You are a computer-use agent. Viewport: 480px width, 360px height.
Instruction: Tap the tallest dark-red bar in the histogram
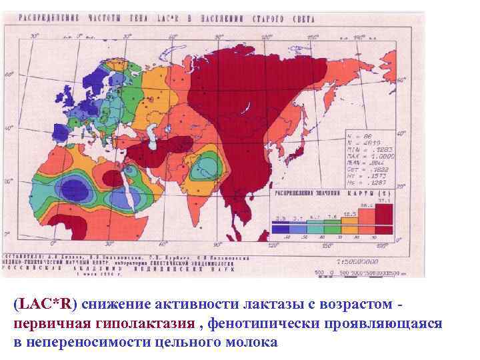pos(384,214)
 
